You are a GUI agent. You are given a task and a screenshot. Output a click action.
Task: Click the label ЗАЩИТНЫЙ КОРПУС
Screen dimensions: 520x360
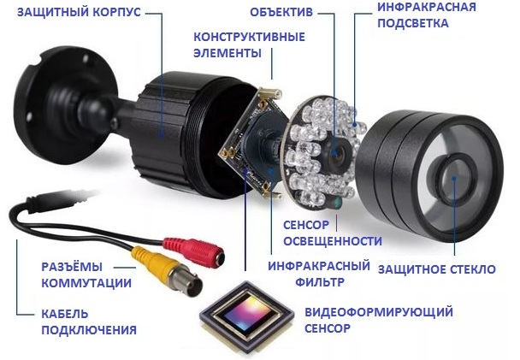79,13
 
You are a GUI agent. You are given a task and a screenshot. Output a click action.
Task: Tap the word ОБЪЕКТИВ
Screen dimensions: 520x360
281,13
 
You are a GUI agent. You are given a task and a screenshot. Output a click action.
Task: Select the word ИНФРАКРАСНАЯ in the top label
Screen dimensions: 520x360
427,7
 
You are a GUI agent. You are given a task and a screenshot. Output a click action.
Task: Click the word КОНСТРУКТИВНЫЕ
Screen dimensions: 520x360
249,37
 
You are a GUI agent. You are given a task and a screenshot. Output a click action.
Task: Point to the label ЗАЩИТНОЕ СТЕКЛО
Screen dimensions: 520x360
437,269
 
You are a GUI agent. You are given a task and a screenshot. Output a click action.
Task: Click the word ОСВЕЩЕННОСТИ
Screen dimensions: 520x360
333,241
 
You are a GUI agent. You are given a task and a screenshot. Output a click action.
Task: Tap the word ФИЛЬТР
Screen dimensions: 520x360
320,282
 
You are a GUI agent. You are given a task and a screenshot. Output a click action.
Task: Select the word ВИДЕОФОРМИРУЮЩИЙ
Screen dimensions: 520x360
379,312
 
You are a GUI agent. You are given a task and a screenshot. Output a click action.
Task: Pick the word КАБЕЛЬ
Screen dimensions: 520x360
65,314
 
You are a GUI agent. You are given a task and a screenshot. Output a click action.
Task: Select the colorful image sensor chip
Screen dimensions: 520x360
246,315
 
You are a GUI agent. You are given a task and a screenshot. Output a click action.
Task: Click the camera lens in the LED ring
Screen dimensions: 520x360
335,152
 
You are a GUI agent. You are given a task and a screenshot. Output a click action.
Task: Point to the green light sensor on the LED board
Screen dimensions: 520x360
338,202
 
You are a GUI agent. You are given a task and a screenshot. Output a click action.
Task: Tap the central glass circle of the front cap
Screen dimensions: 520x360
454,180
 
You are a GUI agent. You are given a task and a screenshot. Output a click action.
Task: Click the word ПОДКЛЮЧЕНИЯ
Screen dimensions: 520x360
89,330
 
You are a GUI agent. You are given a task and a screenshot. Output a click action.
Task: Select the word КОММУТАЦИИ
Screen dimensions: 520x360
86,283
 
